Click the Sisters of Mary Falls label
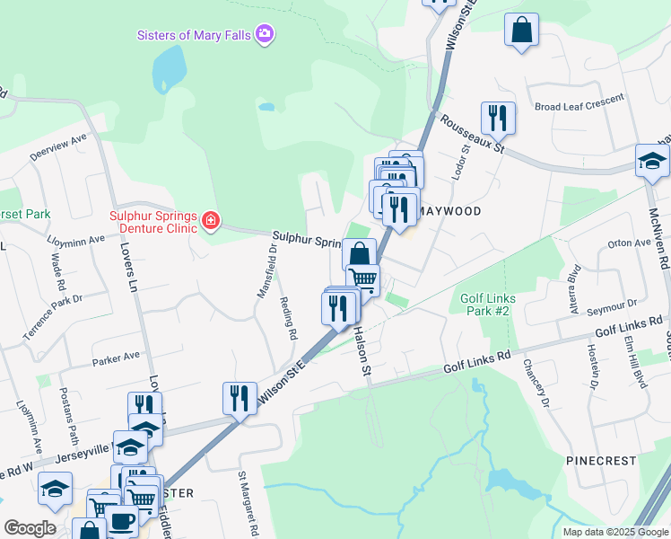pos(194,35)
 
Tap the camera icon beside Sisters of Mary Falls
pos(265,35)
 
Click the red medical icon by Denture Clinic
pos(211,220)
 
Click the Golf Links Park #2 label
pos(484,304)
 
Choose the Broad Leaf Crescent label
pos(579,104)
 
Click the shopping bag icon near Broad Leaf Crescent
pos(520,31)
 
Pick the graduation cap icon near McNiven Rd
pos(652,161)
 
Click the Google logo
pos(30,528)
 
